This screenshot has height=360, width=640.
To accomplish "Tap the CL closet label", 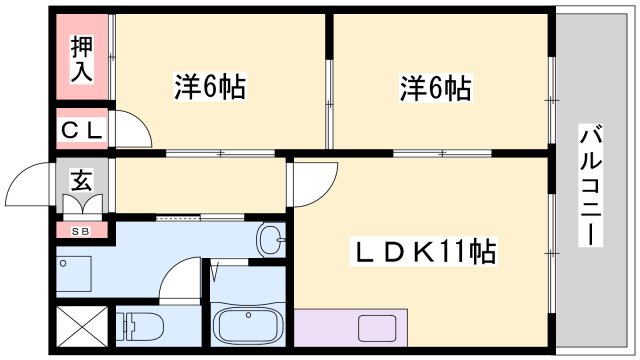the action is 80,129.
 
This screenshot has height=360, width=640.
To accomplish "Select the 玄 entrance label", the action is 80,180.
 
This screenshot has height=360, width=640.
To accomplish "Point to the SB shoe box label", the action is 80,231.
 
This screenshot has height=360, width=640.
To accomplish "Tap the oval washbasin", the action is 269,239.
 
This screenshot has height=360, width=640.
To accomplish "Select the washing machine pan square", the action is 75,273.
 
